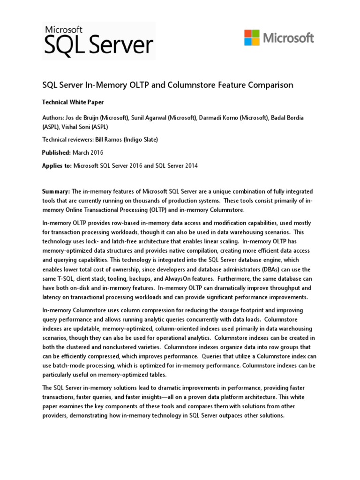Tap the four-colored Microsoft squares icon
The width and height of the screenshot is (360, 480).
[252, 37]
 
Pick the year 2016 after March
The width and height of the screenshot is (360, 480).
[96, 153]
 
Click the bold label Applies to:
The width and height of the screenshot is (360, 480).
[58, 165]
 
